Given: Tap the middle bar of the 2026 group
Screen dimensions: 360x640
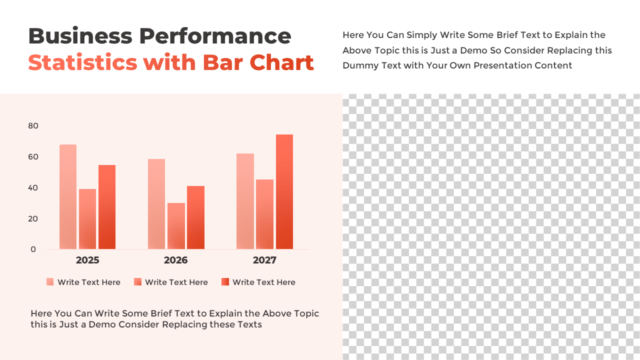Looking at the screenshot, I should pos(176,226).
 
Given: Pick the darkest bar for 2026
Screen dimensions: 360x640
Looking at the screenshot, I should pos(195,217).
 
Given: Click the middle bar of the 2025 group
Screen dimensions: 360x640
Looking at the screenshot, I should pos(87,219).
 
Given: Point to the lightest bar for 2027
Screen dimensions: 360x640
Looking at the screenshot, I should pos(245,201).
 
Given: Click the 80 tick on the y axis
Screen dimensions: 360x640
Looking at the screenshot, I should pos(33,126).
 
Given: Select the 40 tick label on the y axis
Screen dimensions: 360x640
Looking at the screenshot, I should pos(33,188).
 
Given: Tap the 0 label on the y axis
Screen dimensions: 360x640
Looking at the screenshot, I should pos(33,249).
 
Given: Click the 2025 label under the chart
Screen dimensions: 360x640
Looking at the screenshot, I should pos(87,260).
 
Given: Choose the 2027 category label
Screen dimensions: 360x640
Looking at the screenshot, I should pos(264,260).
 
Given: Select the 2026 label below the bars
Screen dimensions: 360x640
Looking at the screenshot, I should pos(176,260).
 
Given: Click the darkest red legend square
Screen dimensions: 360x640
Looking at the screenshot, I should pos(225,282).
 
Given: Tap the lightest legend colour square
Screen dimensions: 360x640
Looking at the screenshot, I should pos(50,282).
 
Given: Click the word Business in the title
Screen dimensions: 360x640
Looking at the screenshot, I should pos(80,36).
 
